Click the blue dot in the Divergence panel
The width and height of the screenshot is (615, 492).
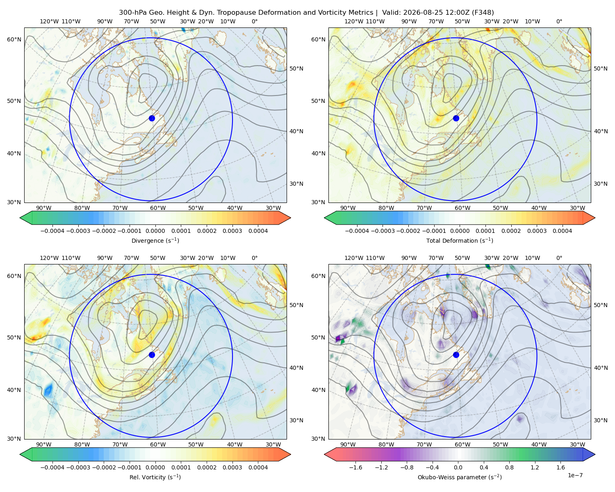[x=152, y=118]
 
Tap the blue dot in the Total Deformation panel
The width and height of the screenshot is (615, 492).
[x=456, y=118]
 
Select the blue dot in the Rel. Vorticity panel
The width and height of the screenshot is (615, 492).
[x=152, y=355]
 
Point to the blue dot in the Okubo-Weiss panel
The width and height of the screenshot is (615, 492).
[x=456, y=355]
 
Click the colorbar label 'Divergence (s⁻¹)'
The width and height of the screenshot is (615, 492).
[x=155, y=240]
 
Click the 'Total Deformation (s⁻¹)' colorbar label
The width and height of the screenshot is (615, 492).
[x=460, y=240]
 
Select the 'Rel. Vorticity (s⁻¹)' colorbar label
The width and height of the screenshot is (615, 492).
[x=155, y=477]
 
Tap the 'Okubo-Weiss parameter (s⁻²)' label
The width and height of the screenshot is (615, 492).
[x=460, y=477]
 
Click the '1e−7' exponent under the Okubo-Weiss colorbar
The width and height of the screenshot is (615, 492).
[x=575, y=475]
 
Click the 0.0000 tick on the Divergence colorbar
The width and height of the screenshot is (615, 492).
[x=155, y=231]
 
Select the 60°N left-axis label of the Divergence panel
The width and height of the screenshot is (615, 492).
[x=14, y=39]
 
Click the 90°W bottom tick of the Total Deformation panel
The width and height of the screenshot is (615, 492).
[x=348, y=208]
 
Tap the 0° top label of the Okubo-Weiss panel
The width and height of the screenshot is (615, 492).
[x=559, y=257]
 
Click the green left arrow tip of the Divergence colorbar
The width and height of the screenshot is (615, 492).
[x=20, y=218]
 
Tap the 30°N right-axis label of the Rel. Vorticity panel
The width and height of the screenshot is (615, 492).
[x=296, y=420]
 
